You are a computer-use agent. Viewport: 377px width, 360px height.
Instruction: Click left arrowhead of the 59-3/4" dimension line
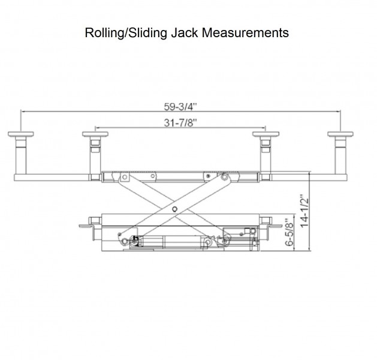pyautogui.click(x=23, y=111)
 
